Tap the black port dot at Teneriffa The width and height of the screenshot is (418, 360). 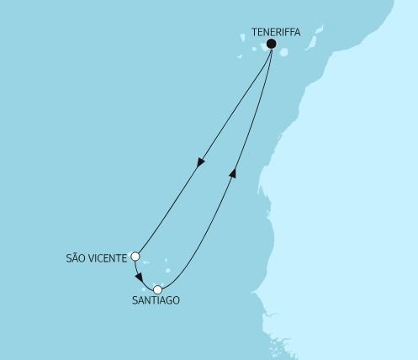[x=271, y=45]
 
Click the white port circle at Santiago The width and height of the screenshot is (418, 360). [x=157, y=289]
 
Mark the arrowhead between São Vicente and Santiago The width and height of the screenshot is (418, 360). [x=139, y=279]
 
